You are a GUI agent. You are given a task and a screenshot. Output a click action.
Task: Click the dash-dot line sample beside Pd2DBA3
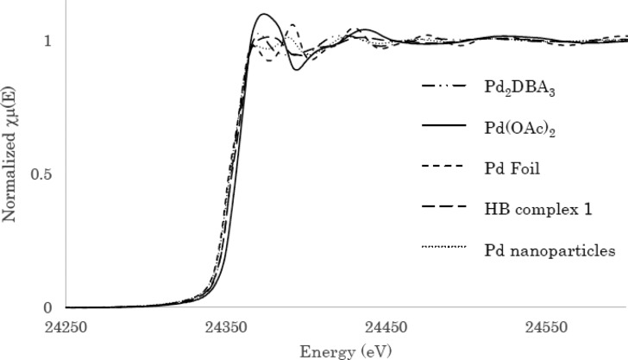443,87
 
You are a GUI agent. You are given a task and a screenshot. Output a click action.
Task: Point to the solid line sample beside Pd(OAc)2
443,128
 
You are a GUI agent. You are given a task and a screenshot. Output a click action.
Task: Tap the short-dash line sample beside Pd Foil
443,168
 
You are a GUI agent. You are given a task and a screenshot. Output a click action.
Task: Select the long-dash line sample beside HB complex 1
443,209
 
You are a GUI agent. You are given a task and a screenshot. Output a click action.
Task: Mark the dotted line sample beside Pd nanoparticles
443,249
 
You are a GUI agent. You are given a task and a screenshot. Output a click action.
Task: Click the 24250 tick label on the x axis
66,328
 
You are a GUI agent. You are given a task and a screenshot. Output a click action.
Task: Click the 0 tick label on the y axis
48,307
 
